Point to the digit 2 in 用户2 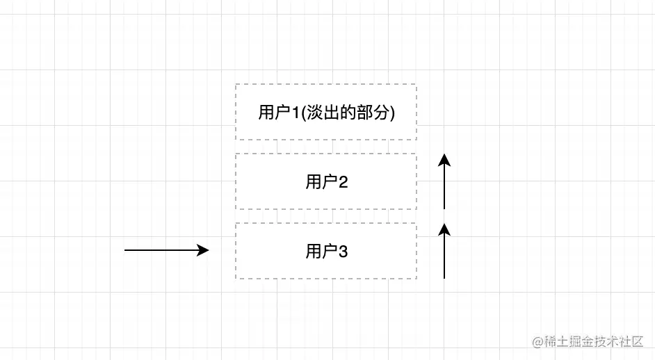click(x=343, y=182)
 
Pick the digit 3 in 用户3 click(x=343, y=252)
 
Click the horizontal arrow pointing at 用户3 click(x=167, y=250)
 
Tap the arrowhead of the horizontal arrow click(x=203, y=250)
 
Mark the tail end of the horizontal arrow click(x=126, y=250)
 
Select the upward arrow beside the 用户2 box click(x=444, y=182)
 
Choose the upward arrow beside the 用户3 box click(x=444, y=252)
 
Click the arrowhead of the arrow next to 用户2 click(x=444, y=161)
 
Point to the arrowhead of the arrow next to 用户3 click(x=444, y=230)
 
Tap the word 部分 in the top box click(x=375, y=113)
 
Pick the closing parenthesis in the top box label click(x=393, y=113)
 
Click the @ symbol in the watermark click(x=537, y=342)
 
